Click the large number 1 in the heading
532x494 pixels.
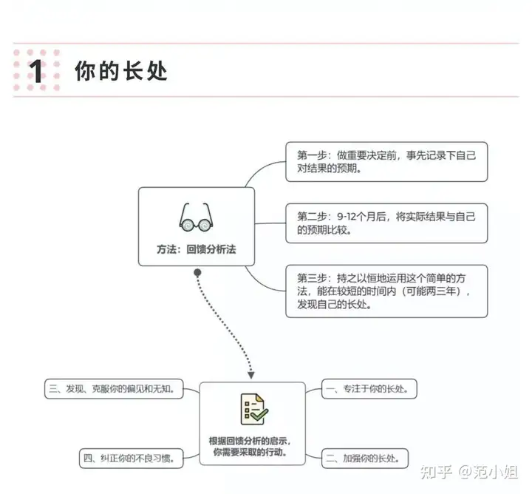(x=36, y=71)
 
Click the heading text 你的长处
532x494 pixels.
(x=121, y=71)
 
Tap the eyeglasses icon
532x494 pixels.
(x=196, y=217)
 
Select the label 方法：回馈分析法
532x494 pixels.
(x=197, y=249)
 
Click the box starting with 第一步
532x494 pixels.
(x=386, y=162)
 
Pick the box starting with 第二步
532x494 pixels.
(x=386, y=223)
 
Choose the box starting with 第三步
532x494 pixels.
(x=386, y=291)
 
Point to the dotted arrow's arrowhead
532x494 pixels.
(x=251, y=375)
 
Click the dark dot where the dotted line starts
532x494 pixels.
(x=197, y=272)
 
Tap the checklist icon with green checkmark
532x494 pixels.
(x=254, y=409)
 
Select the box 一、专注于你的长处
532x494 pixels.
(x=369, y=389)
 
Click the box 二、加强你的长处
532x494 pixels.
(x=365, y=459)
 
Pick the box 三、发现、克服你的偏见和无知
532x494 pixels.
(x=114, y=389)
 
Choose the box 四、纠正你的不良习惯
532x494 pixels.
(x=132, y=459)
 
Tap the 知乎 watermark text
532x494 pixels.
(x=437, y=472)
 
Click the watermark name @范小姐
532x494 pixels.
(x=488, y=472)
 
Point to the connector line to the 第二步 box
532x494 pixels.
(x=270, y=223)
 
